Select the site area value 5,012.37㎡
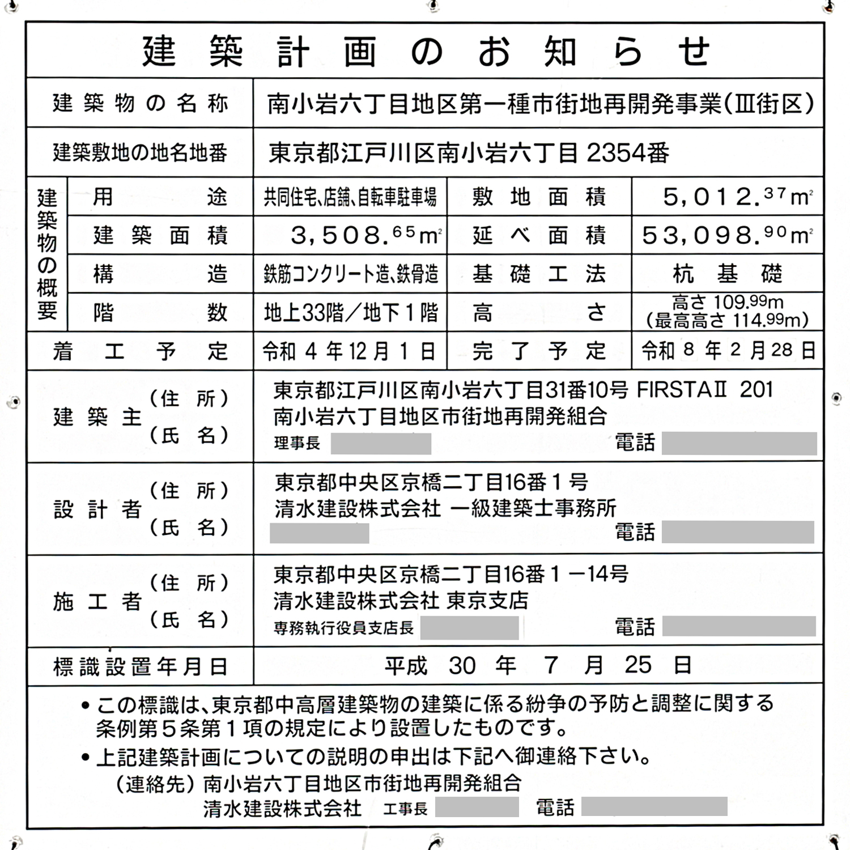[737, 197]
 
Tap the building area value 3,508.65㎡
[365, 235]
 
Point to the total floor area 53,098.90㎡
[727, 235]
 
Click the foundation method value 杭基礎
[728, 274]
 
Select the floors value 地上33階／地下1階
[351, 313]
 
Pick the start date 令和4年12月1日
[349, 352]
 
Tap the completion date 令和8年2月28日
[728, 351]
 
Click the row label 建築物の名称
[140, 104]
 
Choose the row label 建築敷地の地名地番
[140, 152]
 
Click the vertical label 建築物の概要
[47, 254]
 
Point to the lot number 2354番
[628, 152]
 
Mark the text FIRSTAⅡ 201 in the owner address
[704, 390]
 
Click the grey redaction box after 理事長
[381, 444]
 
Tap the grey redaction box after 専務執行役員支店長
[469, 628]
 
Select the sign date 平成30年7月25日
[537, 665]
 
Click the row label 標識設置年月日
[140, 667]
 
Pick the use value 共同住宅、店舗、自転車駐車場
[350, 197]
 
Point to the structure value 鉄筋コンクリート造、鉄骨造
[351, 274]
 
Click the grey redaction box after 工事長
[477, 807]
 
